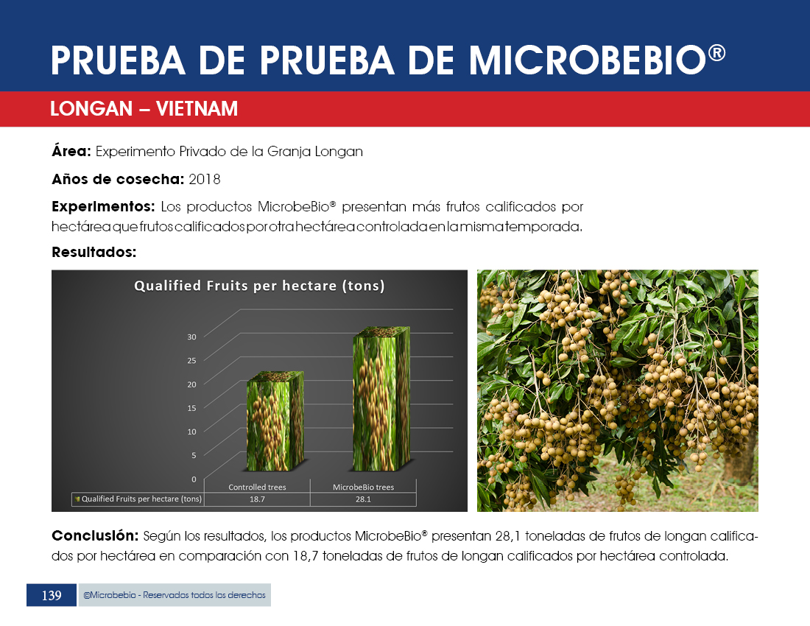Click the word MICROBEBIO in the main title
[x=588, y=60]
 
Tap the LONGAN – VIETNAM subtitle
[x=144, y=109]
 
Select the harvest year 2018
[x=205, y=179]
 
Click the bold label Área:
[x=71, y=151]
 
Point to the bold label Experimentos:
[x=103, y=207]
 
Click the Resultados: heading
[x=94, y=252]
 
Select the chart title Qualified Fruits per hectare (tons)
[x=259, y=286]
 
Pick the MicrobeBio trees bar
[x=381, y=398]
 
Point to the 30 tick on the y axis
[x=191, y=337]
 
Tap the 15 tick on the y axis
[x=191, y=408]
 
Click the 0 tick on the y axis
[x=194, y=479]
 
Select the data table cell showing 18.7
[x=257, y=499]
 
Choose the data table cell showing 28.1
[x=363, y=499]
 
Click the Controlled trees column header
[x=257, y=487]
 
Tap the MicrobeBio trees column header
[x=363, y=487]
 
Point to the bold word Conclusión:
[x=95, y=535]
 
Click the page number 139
[x=52, y=596]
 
